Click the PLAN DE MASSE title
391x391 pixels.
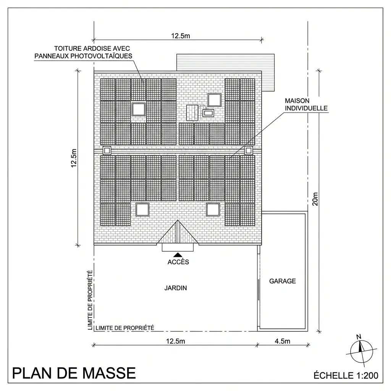[74, 373]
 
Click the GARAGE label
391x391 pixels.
[283, 281]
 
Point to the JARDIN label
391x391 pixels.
[176, 288]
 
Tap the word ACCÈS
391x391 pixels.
[178, 262]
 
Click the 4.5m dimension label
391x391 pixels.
[283, 341]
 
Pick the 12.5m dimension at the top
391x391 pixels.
[180, 36]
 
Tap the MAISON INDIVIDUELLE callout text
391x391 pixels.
[306, 104]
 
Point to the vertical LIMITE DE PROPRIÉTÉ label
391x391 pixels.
[90, 300]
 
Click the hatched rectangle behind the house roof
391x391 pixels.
[225, 62]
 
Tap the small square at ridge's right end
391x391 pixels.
[249, 150]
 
